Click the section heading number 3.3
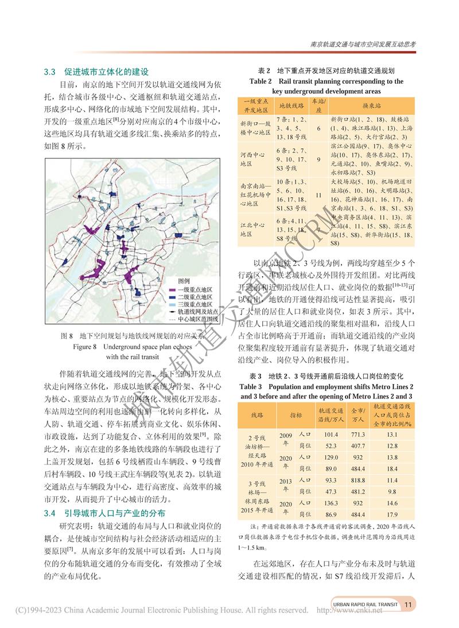(x=49, y=72)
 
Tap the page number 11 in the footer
(x=409, y=604)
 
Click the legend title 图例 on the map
(x=184, y=281)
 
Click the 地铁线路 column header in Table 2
(x=291, y=107)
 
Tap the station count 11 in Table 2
(x=318, y=195)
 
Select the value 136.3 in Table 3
(x=331, y=503)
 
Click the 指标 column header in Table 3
(x=296, y=414)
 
